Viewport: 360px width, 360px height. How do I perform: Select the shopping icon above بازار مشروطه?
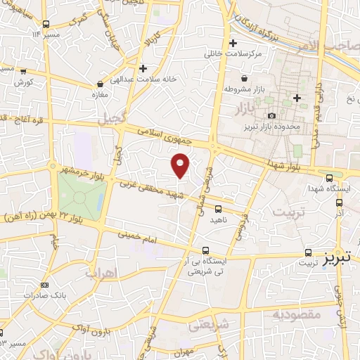[243, 78]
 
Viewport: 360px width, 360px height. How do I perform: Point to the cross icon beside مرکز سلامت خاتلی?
[233, 43]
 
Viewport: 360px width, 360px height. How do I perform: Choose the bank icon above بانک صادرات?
[45, 284]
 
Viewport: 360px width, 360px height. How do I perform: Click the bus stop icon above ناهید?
[218, 209]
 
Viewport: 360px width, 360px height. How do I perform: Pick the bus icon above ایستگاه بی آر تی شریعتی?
[205, 250]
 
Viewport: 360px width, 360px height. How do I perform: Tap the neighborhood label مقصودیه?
[296, 314]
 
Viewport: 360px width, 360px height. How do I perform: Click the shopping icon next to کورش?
[24, 71]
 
